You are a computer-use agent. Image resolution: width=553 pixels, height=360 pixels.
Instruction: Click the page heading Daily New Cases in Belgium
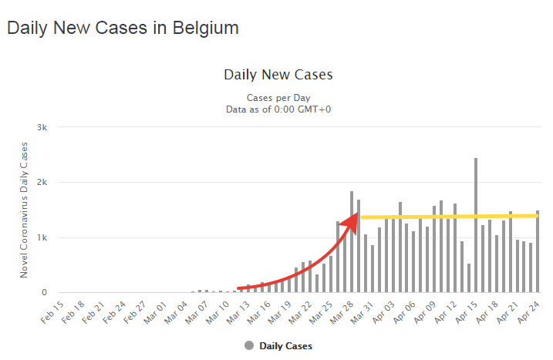(x=123, y=28)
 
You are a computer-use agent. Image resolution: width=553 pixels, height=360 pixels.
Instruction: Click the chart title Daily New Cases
(x=278, y=75)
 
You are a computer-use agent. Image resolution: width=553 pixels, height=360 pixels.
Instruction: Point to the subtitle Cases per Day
(x=278, y=98)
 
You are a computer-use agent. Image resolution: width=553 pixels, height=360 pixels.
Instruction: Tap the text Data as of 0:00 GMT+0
(x=278, y=110)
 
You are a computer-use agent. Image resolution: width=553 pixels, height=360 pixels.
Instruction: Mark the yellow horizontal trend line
(x=447, y=216)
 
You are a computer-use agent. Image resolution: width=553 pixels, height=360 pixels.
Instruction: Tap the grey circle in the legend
(x=249, y=346)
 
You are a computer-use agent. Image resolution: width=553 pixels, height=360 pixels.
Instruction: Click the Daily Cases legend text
(x=286, y=346)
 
